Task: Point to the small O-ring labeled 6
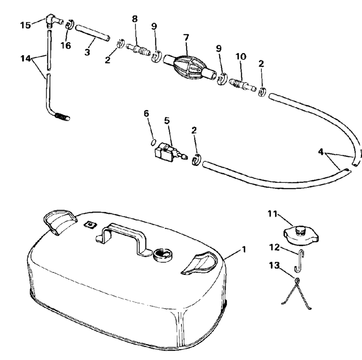point(153,142)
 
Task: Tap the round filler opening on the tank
point(161,254)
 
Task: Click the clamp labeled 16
point(69,25)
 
